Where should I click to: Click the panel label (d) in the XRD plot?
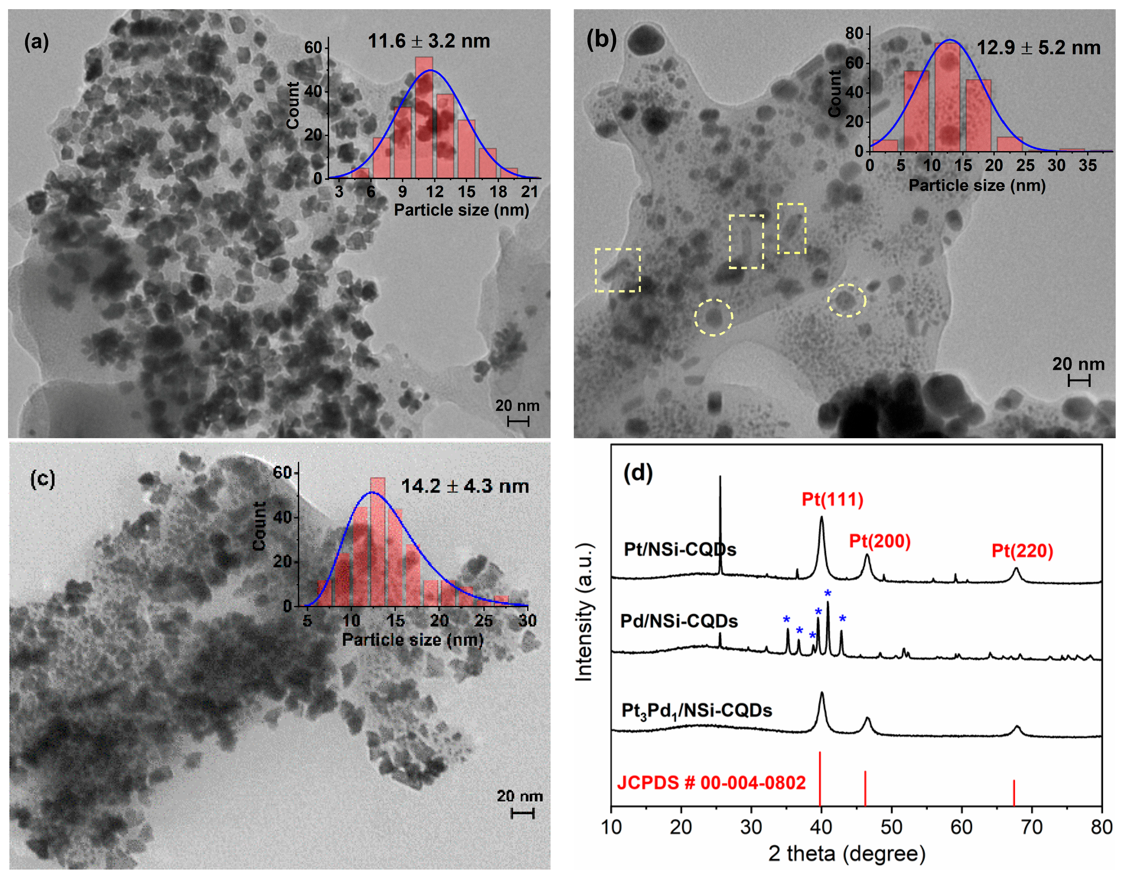click(638, 472)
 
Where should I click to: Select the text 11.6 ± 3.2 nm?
click(429, 41)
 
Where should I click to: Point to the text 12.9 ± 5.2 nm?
click(1038, 48)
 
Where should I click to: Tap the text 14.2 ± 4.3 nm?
click(464, 486)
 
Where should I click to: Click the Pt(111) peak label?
click(832, 499)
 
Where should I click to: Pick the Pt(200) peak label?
click(880, 541)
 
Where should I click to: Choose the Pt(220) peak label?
click(1022, 551)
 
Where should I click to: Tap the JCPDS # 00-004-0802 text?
click(711, 783)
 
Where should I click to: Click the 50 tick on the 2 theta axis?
click(891, 827)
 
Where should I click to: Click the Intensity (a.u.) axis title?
click(584, 612)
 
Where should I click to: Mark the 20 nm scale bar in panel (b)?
click(1079, 381)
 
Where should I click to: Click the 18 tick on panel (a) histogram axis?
click(498, 192)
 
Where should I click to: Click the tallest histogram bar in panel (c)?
click(377, 542)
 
